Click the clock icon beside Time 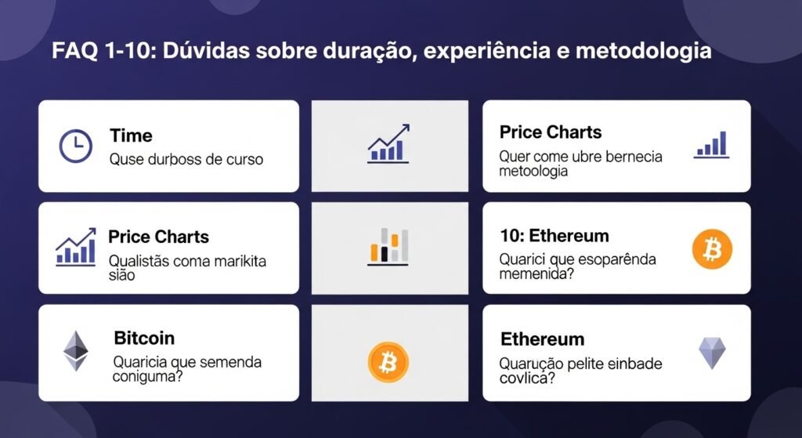point(76,146)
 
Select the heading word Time point(131,136)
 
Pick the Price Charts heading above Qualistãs point(159,237)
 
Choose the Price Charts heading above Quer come point(551,132)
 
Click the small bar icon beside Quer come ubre point(711,145)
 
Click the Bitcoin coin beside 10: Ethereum point(712,249)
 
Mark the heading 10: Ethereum point(554,236)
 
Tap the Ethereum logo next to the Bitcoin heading point(76,350)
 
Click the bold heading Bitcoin point(144,338)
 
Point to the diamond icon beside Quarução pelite point(712,353)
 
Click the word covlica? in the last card point(528,378)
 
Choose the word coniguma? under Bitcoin point(146,377)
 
